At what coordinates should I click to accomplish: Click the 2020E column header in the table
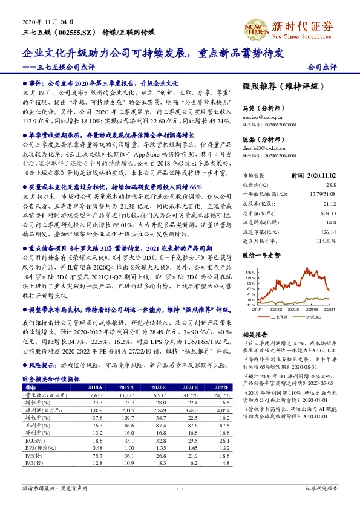click(157, 386)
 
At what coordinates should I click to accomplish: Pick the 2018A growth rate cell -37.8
click(93, 417)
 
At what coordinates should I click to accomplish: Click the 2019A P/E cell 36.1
click(125, 457)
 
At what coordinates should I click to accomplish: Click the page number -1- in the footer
click(180, 487)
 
